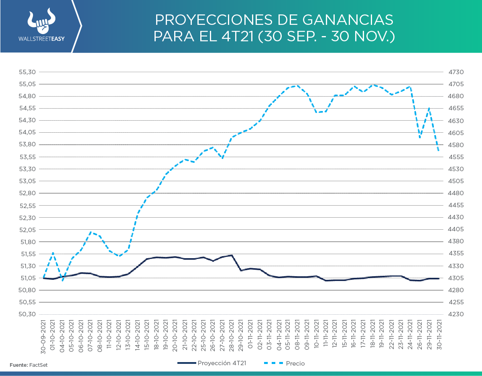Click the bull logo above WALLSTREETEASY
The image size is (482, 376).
click(41, 22)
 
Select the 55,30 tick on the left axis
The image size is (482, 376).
click(28, 72)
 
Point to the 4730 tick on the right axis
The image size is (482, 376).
click(456, 72)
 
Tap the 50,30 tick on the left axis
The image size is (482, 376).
click(28, 314)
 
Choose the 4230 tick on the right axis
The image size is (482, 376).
click(456, 314)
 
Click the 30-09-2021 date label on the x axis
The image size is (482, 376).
click(43, 336)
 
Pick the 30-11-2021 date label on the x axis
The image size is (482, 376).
click(439, 336)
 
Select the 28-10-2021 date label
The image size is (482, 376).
click(232, 336)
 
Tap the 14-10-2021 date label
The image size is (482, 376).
click(138, 336)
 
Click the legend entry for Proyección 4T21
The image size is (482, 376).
click(212, 363)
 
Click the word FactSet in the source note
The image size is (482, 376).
click(38, 365)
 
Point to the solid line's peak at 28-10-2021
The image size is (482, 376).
click(232, 255)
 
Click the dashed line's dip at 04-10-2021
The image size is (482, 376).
click(62, 280)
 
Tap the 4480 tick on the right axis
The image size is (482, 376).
click(456, 193)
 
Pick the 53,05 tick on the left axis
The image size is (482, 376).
click(28, 181)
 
